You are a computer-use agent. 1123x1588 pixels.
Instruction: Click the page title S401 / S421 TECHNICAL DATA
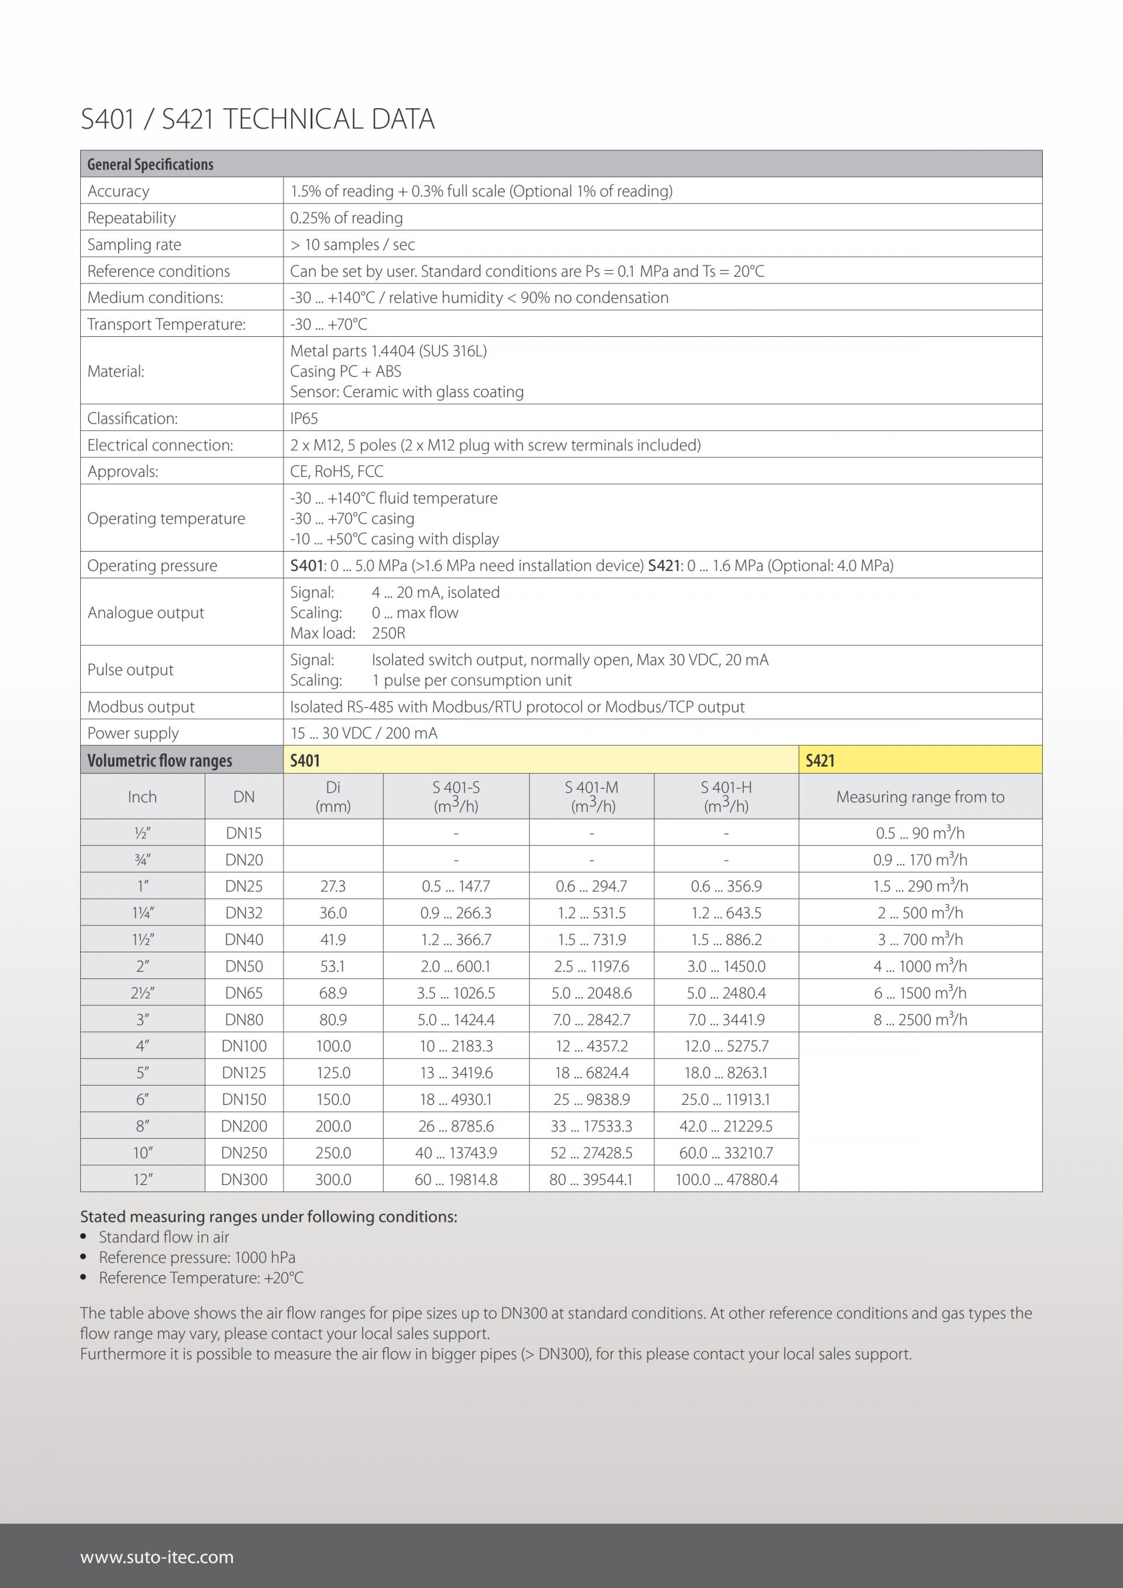[x=257, y=120]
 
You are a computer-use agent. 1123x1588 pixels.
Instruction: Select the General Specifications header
[x=150, y=164]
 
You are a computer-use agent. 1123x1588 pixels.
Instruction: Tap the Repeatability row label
[x=132, y=218]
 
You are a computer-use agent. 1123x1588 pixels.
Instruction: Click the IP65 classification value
[x=304, y=418]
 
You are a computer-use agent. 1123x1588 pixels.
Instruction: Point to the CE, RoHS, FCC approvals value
[x=336, y=471]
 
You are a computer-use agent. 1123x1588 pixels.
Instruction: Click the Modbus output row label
[x=140, y=707]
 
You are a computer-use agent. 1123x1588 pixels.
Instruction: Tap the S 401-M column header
[x=591, y=796]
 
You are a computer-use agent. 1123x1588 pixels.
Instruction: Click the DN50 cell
[x=244, y=966]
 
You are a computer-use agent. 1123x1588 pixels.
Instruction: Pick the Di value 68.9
[x=333, y=993]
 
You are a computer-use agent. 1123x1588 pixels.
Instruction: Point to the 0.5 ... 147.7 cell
[x=456, y=887]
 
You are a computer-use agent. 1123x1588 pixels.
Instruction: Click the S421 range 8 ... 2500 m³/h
[x=919, y=1019]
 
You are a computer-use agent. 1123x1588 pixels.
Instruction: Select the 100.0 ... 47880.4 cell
[x=726, y=1180]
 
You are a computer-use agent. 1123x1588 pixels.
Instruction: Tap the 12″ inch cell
[x=143, y=1180]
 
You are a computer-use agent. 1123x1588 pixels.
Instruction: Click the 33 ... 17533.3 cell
[x=591, y=1127]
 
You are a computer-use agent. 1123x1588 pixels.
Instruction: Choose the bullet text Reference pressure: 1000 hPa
[x=197, y=1258]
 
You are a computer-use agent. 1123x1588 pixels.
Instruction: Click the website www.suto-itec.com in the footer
[x=157, y=1557]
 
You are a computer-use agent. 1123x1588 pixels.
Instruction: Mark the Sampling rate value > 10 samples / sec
[x=352, y=245]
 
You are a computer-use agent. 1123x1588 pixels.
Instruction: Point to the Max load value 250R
[x=388, y=633]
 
